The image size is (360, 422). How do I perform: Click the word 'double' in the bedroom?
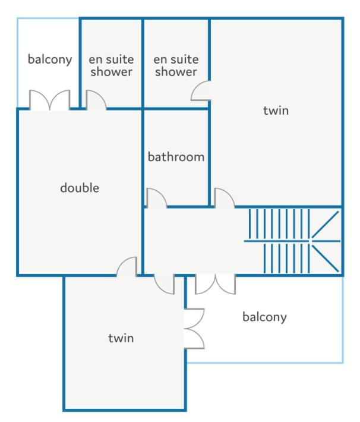click(80, 188)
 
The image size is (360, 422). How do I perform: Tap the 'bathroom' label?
click(176, 157)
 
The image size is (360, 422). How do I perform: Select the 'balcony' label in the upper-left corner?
click(50, 59)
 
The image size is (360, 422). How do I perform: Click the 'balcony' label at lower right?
click(264, 317)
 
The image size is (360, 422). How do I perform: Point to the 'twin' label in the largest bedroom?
click(276, 111)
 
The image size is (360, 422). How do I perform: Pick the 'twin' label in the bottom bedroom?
click(121, 338)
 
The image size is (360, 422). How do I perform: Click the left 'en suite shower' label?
click(112, 65)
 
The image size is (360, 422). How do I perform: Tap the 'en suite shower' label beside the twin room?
click(176, 65)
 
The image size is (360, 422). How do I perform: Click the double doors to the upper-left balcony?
click(50, 100)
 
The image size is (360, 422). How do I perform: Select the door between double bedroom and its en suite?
click(96, 100)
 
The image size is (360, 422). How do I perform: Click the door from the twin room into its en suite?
click(201, 91)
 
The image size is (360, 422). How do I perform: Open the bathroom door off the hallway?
click(156, 197)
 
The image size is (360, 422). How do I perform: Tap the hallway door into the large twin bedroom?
click(225, 197)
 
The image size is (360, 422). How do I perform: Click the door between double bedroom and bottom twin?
click(127, 266)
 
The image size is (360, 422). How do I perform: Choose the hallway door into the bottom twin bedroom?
click(165, 284)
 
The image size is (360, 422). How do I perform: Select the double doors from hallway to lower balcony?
click(215, 284)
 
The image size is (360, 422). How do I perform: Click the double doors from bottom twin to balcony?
click(194, 329)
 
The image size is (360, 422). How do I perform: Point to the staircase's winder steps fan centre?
click(311, 241)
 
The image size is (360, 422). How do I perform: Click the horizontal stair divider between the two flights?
click(292, 241)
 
